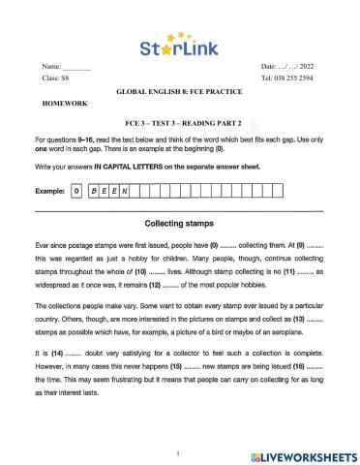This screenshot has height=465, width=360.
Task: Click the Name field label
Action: (51, 65)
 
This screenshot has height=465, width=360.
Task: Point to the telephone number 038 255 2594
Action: (296, 77)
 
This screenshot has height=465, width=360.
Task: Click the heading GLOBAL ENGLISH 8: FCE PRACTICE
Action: (180, 88)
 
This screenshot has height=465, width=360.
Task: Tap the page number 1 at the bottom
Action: (179, 451)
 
